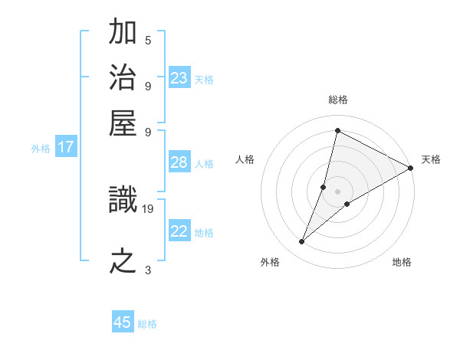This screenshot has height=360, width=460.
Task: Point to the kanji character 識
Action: tap(123, 201)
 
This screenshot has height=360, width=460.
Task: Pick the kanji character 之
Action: tap(123, 261)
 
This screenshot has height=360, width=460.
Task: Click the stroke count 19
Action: tap(148, 207)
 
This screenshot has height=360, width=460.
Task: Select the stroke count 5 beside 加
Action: tap(148, 40)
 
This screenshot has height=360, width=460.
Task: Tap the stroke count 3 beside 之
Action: tap(148, 270)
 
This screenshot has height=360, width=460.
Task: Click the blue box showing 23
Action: tap(179, 78)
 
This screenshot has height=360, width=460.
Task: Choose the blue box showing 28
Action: tap(179, 162)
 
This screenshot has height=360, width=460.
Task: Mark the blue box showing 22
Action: tap(179, 231)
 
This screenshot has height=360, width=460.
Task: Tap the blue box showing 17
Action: tap(65, 148)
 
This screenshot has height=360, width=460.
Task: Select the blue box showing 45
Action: tap(123, 322)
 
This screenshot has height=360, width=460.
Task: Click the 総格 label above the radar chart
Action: tap(337, 100)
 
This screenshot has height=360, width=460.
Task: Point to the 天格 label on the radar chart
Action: tap(431, 159)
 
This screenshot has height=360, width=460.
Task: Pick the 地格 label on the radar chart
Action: tap(402, 262)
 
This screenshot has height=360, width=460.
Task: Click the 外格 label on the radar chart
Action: tap(270, 262)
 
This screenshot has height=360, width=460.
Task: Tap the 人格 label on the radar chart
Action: tap(245, 159)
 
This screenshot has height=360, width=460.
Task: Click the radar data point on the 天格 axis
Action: tap(410, 168)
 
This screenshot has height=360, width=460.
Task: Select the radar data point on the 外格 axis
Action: tap(302, 242)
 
